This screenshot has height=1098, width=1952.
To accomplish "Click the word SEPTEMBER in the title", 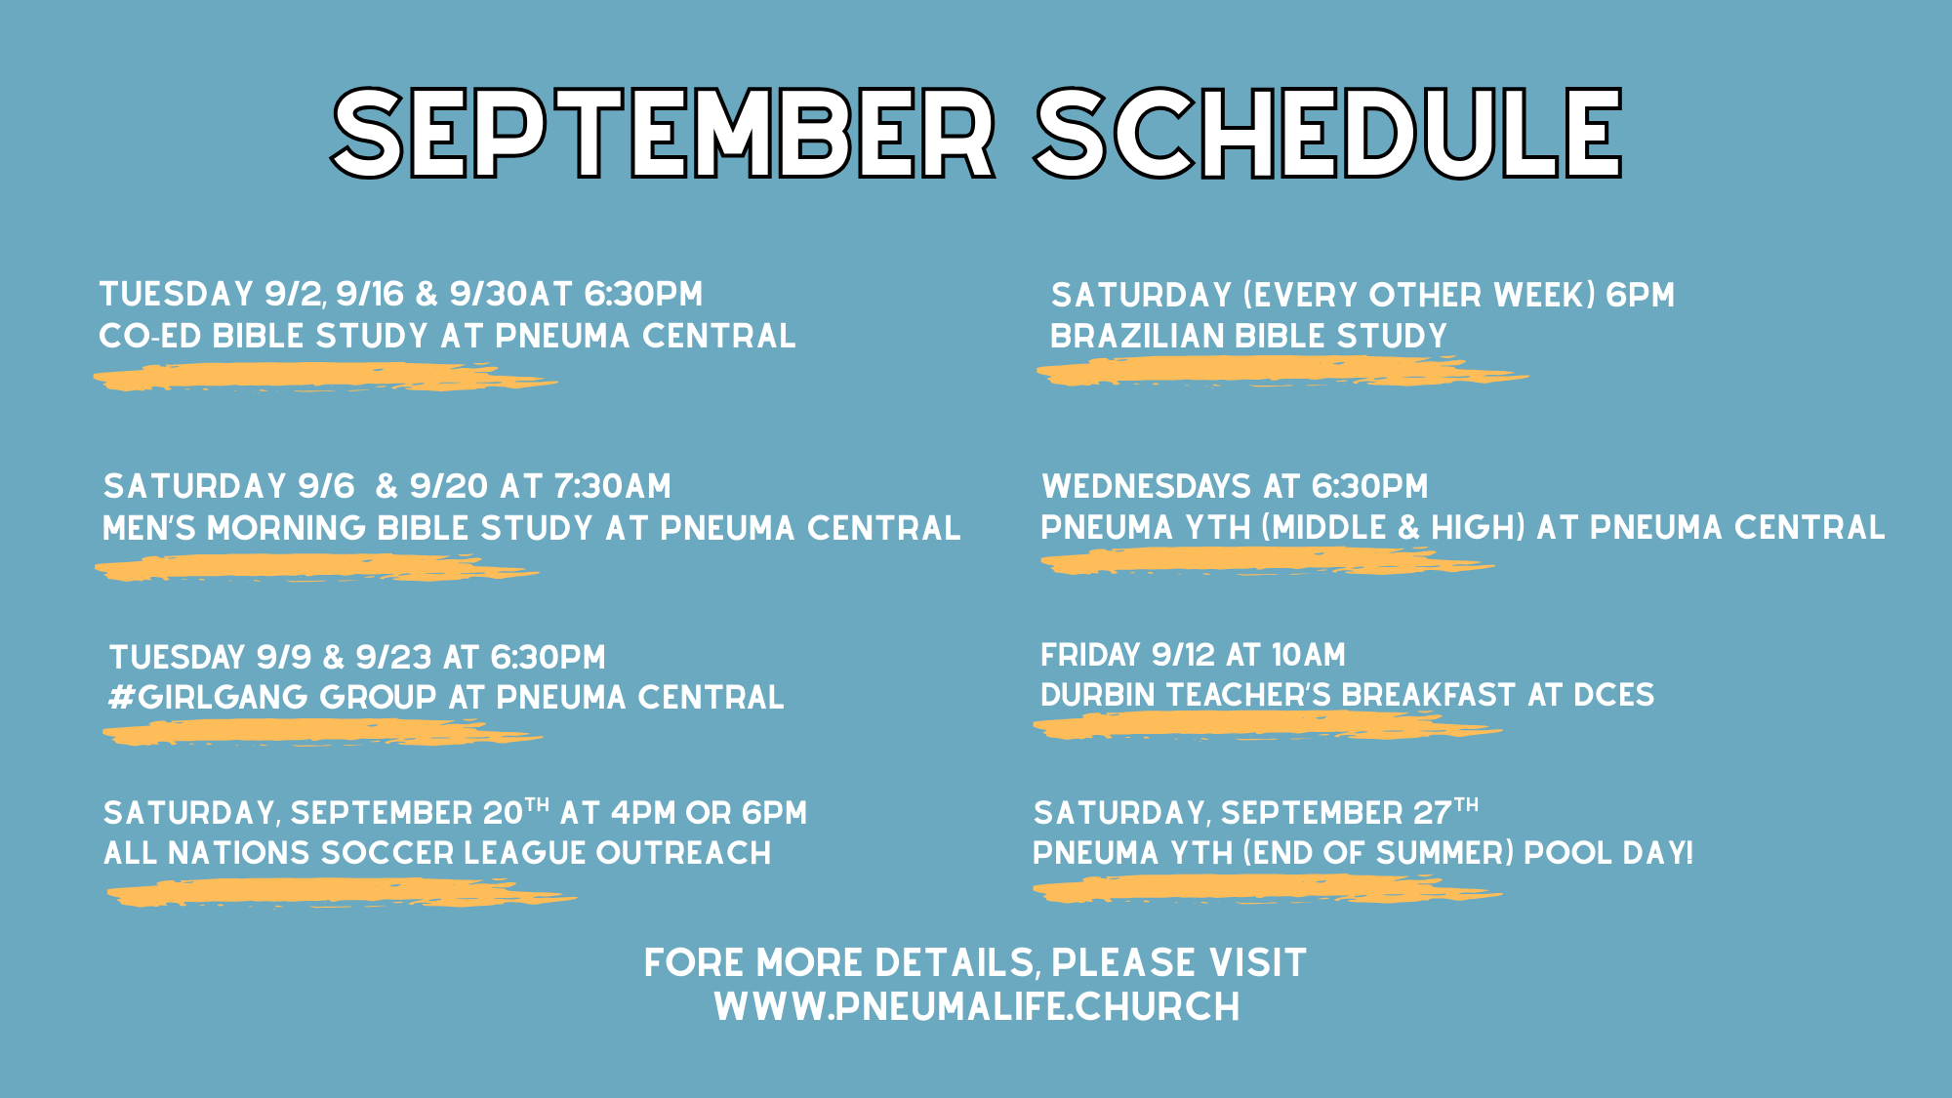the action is (664, 133).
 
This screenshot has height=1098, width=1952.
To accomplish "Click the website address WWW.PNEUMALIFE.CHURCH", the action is (977, 1007).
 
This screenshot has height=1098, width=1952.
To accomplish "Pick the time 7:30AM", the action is (613, 486).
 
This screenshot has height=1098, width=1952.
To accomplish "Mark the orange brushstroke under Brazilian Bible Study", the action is (1281, 371).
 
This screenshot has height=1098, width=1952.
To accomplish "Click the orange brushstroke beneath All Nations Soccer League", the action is (342, 892).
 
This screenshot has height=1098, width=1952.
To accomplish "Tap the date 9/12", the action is (1184, 654).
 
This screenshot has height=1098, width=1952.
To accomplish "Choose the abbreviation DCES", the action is (1614, 695).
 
